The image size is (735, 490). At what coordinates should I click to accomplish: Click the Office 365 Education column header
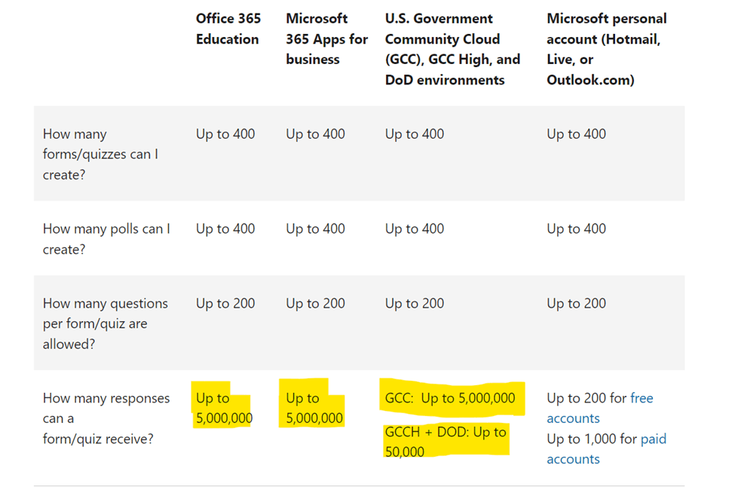[x=228, y=29]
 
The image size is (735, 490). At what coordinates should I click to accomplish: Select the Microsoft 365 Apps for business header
[x=326, y=38]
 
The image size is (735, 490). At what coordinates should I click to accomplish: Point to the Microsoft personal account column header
[x=606, y=49]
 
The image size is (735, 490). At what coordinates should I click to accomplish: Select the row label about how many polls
[x=106, y=238]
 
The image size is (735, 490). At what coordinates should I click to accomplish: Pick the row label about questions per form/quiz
[x=105, y=323]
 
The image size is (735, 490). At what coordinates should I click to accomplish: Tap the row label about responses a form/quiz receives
[x=106, y=418]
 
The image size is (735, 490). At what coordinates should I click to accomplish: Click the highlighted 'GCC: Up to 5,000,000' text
[x=450, y=398]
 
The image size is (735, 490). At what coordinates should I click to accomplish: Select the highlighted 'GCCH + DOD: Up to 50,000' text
[x=446, y=442]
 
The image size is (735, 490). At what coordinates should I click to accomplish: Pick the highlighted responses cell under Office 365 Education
[x=224, y=408]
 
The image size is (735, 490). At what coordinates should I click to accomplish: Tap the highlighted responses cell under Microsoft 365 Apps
[x=314, y=408]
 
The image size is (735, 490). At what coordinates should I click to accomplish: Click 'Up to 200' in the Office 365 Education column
[x=225, y=303]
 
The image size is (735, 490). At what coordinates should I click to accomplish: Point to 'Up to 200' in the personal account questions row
[x=576, y=303]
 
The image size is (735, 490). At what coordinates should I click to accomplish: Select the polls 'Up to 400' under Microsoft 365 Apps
[x=315, y=228]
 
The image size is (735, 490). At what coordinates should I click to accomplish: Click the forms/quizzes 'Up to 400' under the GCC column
[x=415, y=133]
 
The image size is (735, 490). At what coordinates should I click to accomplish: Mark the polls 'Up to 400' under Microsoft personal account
[x=576, y=228]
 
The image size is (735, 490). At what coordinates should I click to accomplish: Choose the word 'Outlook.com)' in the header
[x=590, y=79]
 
